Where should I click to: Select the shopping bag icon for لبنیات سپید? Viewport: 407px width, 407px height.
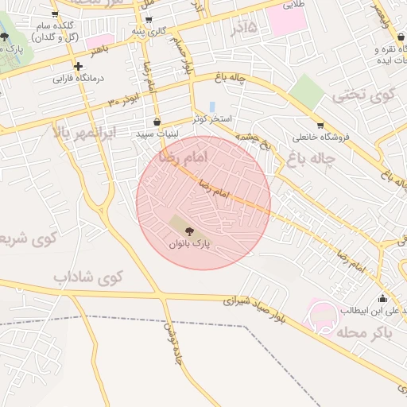tap(156, 122)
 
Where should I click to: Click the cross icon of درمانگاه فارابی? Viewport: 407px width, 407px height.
tap(78, 66)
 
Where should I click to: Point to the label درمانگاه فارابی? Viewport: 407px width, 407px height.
tap(73, 79)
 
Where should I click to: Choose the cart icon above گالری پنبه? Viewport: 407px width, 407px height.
tap(149, 19)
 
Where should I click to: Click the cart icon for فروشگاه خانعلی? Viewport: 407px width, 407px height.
tap(320, 125)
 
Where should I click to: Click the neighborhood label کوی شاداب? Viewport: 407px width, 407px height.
tap(89, 277)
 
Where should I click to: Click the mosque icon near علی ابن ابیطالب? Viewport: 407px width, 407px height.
tap(382, 299)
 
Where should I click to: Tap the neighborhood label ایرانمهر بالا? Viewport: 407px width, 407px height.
tap(84, 132)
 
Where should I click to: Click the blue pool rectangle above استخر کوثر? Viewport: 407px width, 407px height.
tap(211, 107)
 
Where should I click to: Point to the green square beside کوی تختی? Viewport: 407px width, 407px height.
tap(307, 91)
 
